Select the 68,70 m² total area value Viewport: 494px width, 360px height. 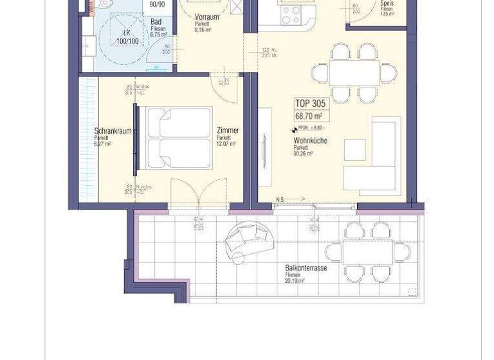(309, 116)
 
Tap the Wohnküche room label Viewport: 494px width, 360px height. (310, 140)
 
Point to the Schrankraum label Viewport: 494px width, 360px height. (113, 130)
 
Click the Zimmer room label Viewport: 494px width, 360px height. (228, 130)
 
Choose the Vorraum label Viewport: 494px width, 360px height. (206, 17)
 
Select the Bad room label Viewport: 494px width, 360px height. (156, 22)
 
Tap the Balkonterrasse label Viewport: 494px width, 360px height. (306, 268)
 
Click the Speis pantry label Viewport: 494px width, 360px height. (387, 4)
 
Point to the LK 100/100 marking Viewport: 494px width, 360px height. (127, 37)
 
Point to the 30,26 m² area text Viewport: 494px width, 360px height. (303, 154)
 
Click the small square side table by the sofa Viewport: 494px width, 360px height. (354, 149)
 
